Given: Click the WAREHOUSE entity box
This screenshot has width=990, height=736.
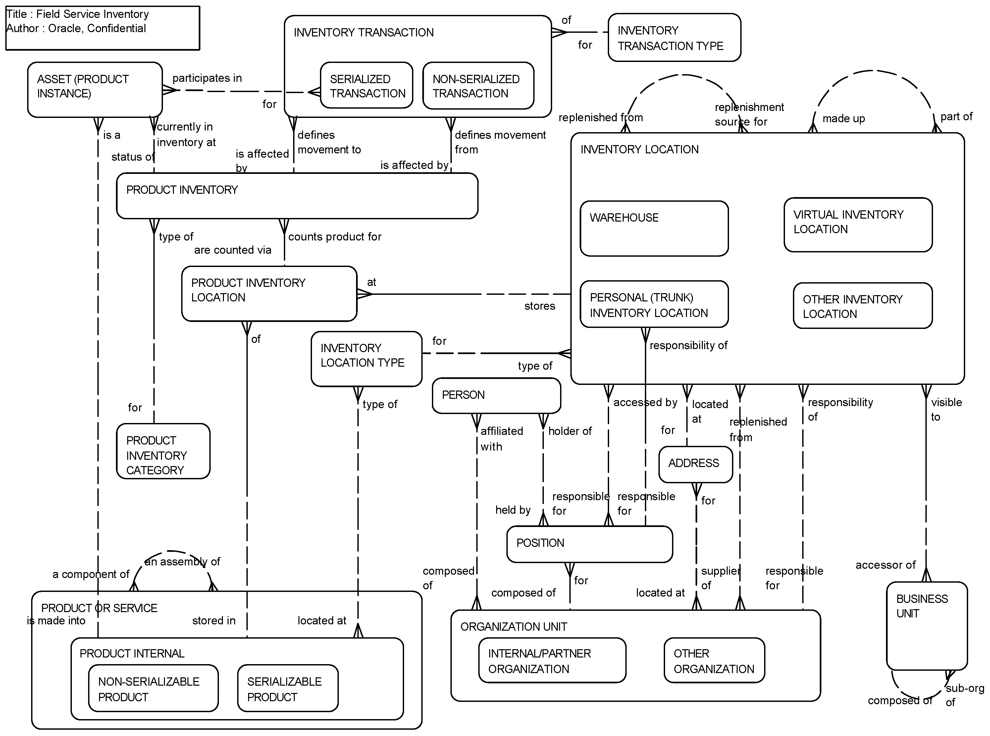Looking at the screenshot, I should coord(653,229).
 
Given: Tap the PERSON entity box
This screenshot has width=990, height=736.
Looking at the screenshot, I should coord(496,395).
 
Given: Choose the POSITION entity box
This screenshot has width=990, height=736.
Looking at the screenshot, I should coord(589,544).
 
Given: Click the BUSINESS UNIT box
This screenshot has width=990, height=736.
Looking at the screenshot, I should coord(926,625).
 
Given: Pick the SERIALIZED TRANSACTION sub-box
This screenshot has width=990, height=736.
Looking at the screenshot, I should coord(366,85).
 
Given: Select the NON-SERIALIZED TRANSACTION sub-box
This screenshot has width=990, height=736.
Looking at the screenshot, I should coord(478,85).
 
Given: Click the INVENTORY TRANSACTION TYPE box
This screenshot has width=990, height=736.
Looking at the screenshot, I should coord(674,38).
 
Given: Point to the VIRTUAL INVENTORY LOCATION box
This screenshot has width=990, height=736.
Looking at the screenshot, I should coord(858,225).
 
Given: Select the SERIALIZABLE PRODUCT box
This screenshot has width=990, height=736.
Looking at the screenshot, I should coord(287,688).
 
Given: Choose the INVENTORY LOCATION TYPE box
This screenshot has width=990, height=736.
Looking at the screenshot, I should coord(366,359).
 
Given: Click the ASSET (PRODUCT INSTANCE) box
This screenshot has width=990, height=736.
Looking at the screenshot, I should coord(94,89).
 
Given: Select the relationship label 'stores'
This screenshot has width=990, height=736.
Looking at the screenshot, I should coord(540,306).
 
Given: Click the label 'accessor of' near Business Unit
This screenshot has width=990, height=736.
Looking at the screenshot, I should coord(885,565).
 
